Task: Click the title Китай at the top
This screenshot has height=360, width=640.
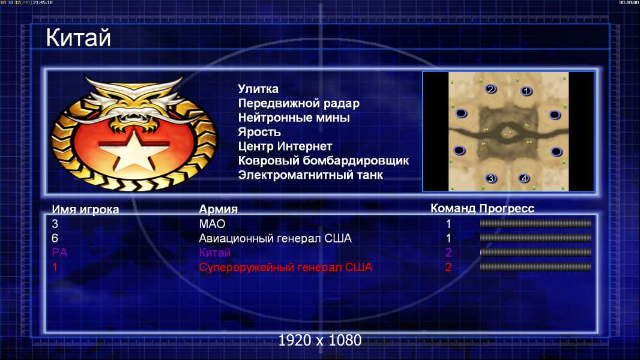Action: (78, 38)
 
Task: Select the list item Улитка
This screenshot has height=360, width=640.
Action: (258, 89)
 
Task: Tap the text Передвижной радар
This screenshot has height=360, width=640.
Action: (299, 104)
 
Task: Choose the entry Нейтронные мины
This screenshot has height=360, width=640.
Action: (294, 118)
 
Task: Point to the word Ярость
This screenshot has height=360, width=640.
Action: (259, 132)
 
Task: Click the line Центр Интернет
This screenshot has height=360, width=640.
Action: (285, 146)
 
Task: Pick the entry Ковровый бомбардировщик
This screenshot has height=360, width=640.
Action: (323, 161)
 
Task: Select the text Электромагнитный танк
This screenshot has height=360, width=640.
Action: (310, 175)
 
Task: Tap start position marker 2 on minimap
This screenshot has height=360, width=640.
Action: (491, 89)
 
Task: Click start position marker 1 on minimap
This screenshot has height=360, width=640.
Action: (526, 91)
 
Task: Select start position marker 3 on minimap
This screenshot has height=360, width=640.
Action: (491, 178)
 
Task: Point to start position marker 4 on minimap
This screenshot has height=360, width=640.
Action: (524, 178)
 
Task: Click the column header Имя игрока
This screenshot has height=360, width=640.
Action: (85, 209)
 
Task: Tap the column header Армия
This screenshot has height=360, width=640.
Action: (218, 209)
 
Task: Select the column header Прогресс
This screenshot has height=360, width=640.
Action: (507, 209)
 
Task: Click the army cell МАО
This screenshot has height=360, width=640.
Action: (212, 224)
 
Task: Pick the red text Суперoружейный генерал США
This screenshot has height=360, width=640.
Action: (285, 268)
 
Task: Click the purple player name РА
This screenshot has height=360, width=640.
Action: (59, 253)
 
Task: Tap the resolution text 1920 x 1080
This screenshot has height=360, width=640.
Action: (319, 340)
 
